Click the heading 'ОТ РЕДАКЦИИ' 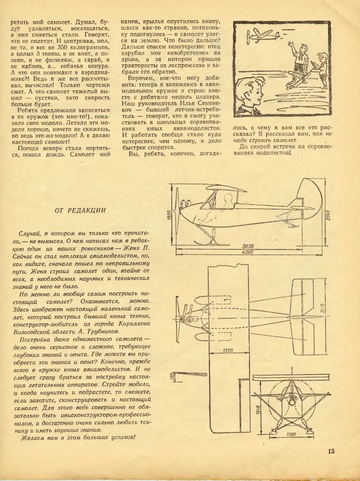[80, 210]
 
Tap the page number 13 [331, 451]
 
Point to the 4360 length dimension [248, 252]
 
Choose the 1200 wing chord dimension [227, 350]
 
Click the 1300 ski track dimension [291, 434]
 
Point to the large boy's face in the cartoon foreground [251, 94]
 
